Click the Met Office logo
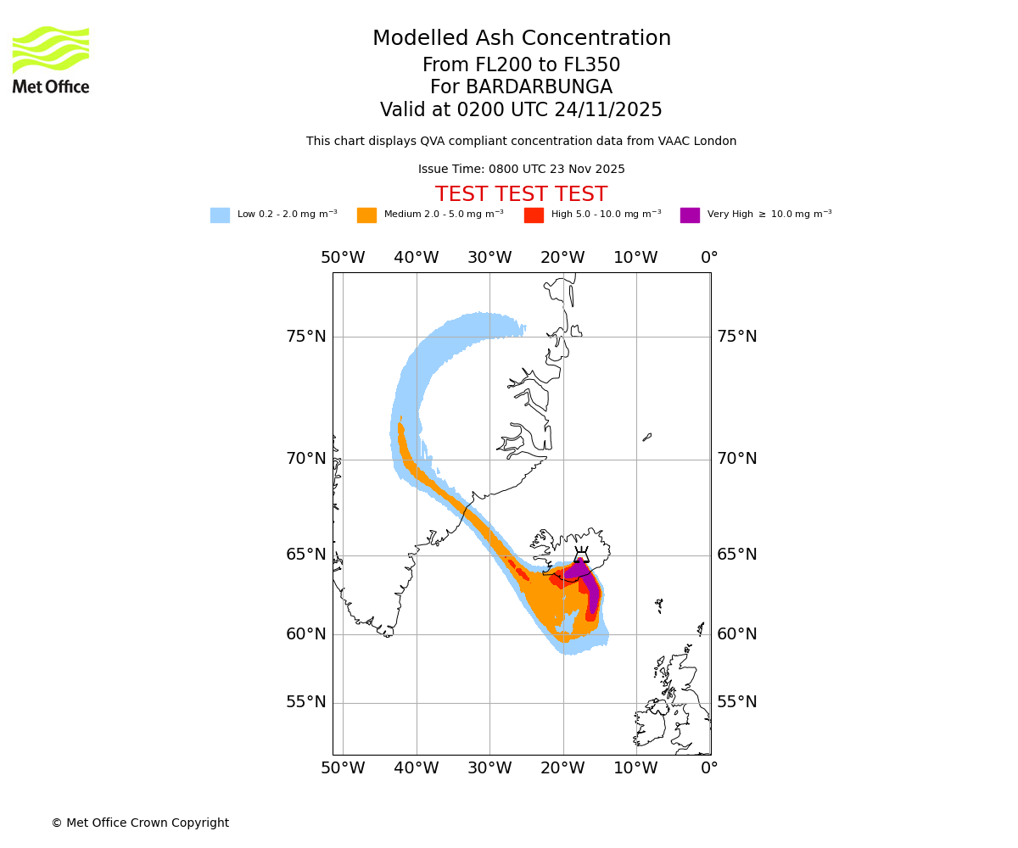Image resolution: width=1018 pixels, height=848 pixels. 51,59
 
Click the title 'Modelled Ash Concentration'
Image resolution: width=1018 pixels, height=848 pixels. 521,39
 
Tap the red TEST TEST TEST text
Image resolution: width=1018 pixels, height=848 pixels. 521,194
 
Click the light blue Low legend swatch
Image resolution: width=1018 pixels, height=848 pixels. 220,215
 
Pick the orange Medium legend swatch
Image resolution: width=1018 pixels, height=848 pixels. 366,215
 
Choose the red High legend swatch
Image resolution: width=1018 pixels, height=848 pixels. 534,215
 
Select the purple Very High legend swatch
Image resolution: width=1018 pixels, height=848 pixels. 690,215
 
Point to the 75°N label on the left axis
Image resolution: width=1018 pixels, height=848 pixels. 305,337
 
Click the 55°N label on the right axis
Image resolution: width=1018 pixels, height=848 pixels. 737,702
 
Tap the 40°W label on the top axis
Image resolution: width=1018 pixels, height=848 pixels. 416,258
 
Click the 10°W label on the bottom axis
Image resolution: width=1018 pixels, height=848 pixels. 635,768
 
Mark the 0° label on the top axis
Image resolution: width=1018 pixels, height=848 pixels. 709,258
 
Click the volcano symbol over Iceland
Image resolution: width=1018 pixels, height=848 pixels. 581,555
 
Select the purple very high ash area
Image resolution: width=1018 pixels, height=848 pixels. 590,585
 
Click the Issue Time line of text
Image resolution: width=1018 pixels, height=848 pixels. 521,169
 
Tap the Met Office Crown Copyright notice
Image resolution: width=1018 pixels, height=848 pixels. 140,823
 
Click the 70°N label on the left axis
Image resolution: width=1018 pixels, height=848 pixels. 305,459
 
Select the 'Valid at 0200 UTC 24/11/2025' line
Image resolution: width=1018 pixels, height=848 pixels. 521,110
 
